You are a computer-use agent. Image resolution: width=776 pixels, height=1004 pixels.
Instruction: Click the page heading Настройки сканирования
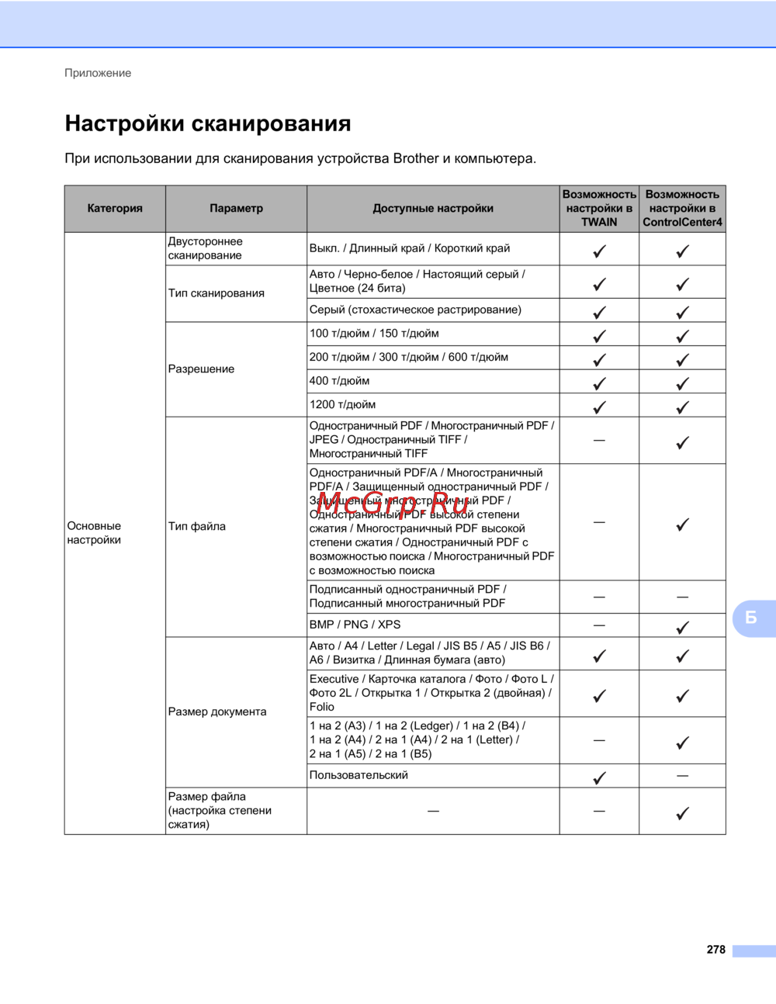point(207,123)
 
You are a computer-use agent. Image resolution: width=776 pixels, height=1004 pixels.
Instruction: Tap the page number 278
point(715,950)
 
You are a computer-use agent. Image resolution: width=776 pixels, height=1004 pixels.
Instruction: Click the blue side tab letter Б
point(750,618)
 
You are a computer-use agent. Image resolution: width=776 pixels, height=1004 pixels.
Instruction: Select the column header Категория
point(115,208)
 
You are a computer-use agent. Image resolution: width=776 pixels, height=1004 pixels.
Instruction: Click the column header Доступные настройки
point(433,208)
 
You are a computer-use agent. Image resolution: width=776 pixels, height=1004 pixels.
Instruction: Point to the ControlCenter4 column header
point(682,208)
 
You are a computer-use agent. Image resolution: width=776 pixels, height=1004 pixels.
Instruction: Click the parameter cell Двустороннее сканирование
point(206,248)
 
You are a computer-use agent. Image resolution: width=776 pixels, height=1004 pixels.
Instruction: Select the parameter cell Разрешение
point(201,369)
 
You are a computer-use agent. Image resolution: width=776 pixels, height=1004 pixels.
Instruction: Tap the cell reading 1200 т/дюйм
point(342,404)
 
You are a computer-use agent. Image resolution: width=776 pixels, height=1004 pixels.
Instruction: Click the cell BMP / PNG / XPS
point(355,625)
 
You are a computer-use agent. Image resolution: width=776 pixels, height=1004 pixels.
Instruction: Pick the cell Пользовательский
point(359,775)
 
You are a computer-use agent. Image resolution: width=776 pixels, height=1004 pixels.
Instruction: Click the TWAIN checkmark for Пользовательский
point(599,777)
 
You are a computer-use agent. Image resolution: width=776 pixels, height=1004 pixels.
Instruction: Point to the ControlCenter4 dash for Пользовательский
point(682,776)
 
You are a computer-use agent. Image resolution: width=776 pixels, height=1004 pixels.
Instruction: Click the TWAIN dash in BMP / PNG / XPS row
point(599,625)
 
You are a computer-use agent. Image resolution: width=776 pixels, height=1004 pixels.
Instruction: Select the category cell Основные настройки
point(94,533)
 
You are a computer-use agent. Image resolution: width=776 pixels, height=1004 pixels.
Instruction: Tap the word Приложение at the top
point(98,73)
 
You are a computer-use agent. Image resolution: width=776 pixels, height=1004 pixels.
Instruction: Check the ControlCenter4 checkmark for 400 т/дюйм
point(682,383)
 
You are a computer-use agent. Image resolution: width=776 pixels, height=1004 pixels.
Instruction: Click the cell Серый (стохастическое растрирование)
point(415,310)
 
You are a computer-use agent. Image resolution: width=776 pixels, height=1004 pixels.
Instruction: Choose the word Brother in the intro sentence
point(416,158)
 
